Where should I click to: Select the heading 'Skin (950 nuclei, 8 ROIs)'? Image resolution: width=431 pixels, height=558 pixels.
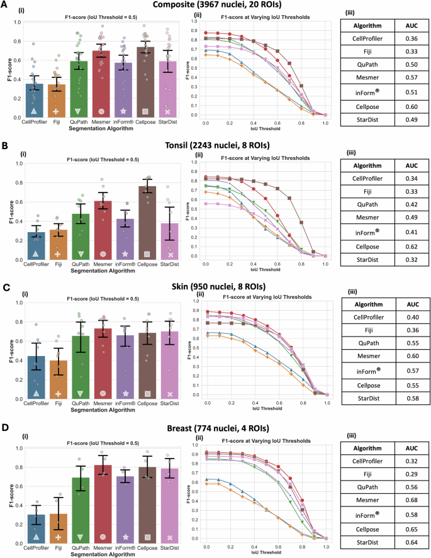click(216, 285)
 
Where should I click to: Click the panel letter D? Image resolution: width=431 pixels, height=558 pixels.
click(6, 427)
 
